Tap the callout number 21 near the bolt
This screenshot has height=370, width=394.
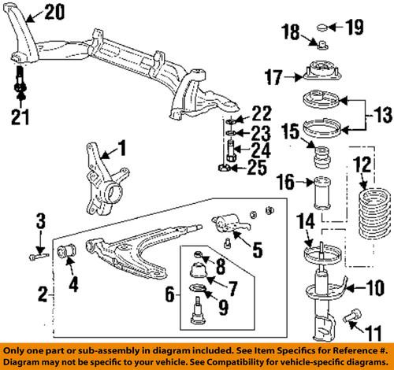(x=19, y=118)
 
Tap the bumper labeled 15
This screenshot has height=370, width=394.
(x=322, y=150)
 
